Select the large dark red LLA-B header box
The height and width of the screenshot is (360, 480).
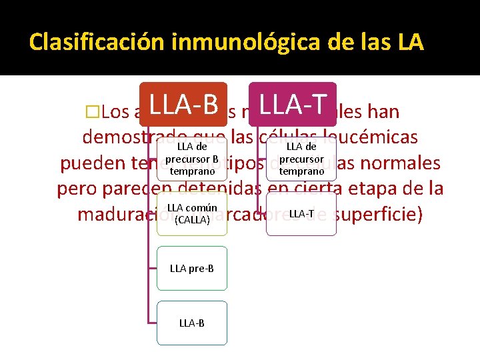point(183,105)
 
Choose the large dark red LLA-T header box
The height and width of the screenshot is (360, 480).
point(293,105)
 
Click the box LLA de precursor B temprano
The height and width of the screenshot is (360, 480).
point(192,159)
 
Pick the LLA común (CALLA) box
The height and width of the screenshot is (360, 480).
point(192,213)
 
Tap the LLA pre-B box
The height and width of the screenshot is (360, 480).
point(192,268)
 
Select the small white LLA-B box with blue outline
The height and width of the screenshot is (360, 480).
point(192,323)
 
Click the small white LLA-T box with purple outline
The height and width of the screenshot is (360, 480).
point(301,213)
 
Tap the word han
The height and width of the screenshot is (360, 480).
point(384,111)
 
